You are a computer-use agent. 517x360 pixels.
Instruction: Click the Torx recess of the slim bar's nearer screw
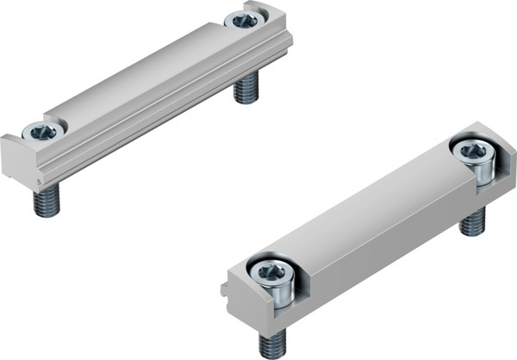point(42,132)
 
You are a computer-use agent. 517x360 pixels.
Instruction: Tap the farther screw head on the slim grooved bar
point(244,20)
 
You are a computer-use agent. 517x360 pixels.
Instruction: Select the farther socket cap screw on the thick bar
point(475,158)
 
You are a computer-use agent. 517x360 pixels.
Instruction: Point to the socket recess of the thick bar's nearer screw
point(268,273)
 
